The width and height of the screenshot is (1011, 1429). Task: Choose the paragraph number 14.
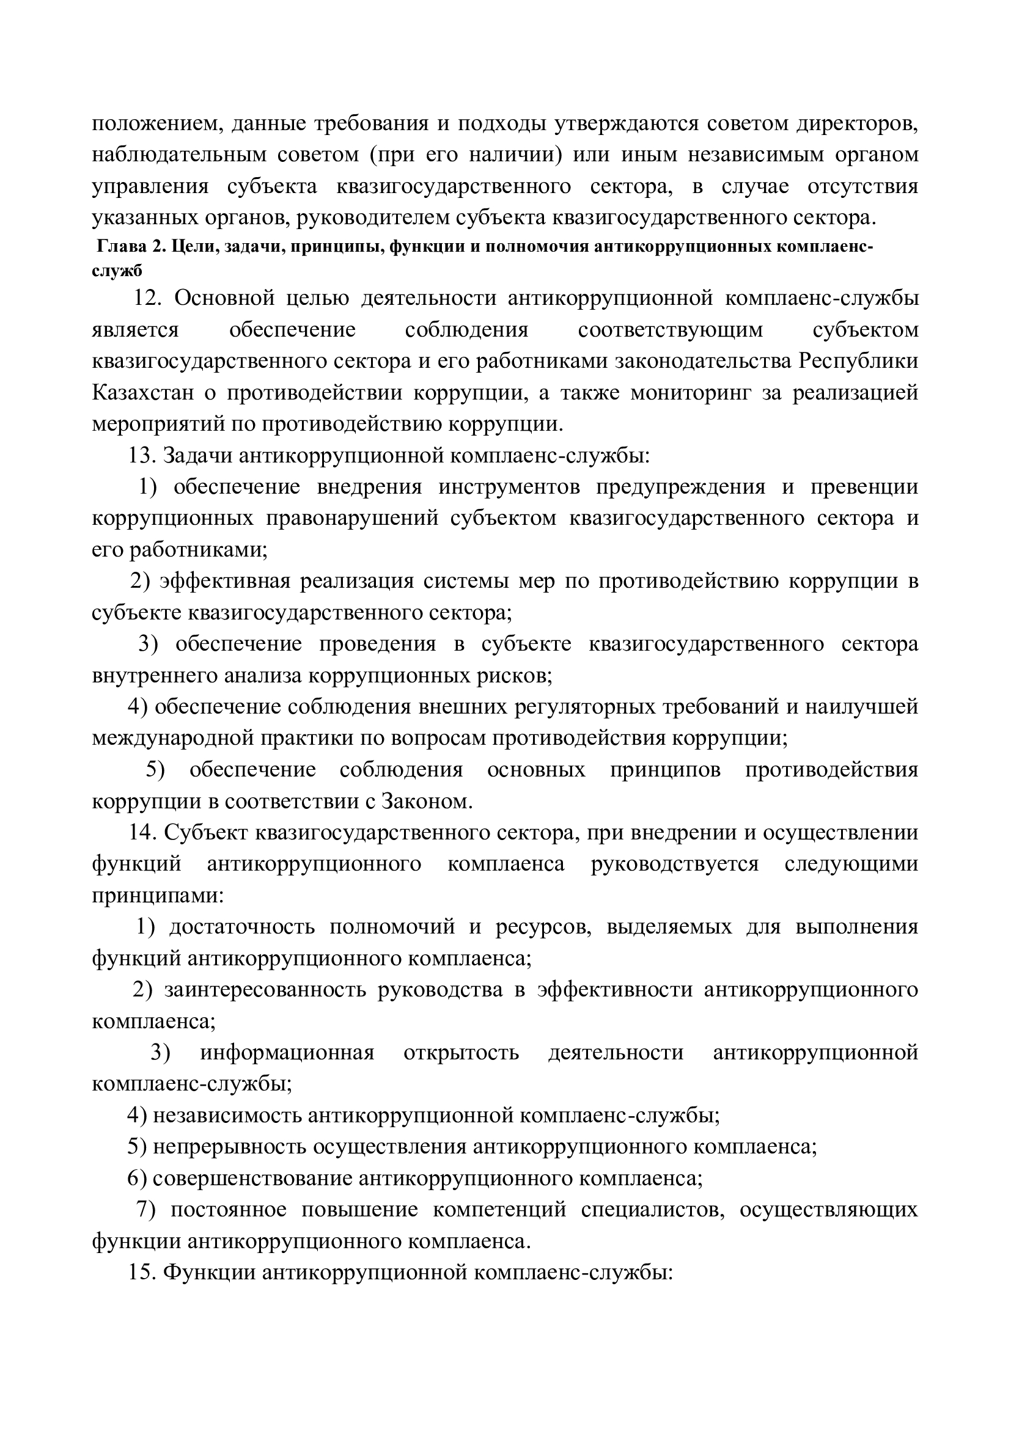pyautogui.click(x=141, y=833)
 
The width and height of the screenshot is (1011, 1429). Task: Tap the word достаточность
pyautogui.click(x=242, y=927)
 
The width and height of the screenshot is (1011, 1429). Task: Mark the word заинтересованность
pyautogui.click(x=265, y=990)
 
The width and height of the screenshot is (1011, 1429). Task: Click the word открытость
pyautogui.click(x=461, y=1053)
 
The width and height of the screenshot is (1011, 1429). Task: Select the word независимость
pyautogui.click(x=227, y=1116)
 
